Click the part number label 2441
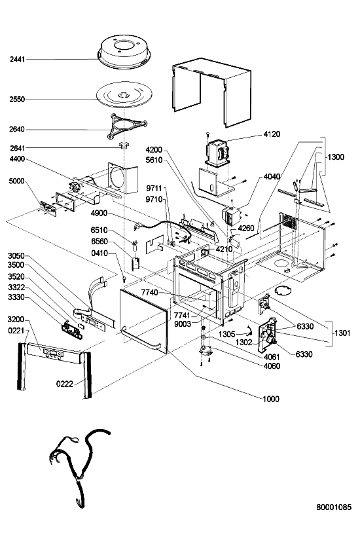[17, 60]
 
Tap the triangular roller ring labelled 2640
[126, 126]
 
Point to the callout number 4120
[272, 134]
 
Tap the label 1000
[271, 399]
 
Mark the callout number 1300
[336, 157]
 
